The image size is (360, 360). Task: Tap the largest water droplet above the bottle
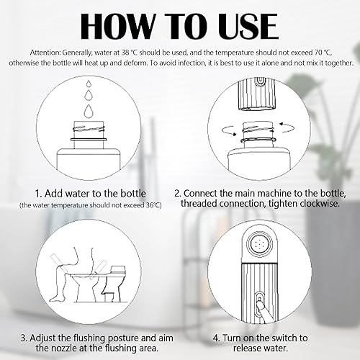(89, 111)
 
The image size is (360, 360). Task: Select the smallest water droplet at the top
(89, 84)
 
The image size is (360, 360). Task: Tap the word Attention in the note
(45, 53)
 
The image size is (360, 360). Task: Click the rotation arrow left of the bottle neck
(230, 130)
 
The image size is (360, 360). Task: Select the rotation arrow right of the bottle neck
(287, 127)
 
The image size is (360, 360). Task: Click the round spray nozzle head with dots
(260, 244)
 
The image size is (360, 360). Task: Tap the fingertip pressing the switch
(260, 303)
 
